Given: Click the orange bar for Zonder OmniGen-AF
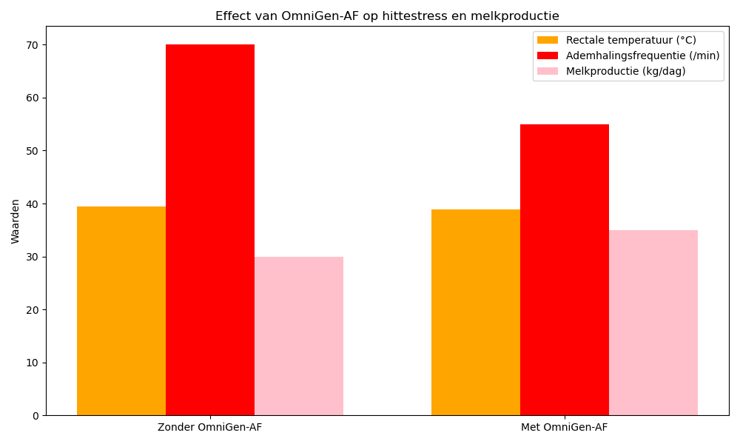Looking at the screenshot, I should pyautogui.click(x=121, y=311).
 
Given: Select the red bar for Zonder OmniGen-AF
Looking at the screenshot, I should pyautogui.click(x=210, y=229).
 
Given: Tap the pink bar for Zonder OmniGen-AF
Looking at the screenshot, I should pyautogui.click(x=299, y=336).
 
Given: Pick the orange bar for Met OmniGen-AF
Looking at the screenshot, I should pyautogui.click(x=476, y=312).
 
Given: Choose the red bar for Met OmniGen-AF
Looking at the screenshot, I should pyautogui.click(x=565, y=269).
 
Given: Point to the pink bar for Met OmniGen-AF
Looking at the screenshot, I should pyautogui.click(x=653, y=323).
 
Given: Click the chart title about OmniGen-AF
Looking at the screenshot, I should pyautogui.click(x=387, y=16).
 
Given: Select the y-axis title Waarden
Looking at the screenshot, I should pyautogui.click(x=16, y=221).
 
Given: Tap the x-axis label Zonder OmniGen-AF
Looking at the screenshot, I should pyautogui.click(x=209, y=428).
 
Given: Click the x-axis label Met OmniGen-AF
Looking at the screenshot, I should pyautogui.click(x=565, y=428).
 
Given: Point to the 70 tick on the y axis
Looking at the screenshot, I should pyautogui.click(x=33, y=45).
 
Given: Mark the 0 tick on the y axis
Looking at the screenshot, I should pyautogui.click(x=36, y=416).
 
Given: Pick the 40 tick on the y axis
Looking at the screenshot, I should pyautogui.click(x=33, y=204).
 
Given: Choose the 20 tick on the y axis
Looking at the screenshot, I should pyautogui.click(x=33, y=310).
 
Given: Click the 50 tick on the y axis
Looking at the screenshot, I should pyautogui.click(x=33, y=151).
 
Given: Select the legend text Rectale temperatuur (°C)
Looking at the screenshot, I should pyautogui.click(x=630, y=40).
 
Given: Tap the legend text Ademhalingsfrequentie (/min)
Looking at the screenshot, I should pyautogui.click(x=642, y=55).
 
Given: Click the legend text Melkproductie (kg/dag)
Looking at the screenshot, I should pyautogui.click(x=625, y=71).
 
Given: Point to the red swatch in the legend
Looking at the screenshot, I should pyautogui.click(x=548, y=55).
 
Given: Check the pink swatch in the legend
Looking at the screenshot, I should pyautogui.click(x=548, y=71).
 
